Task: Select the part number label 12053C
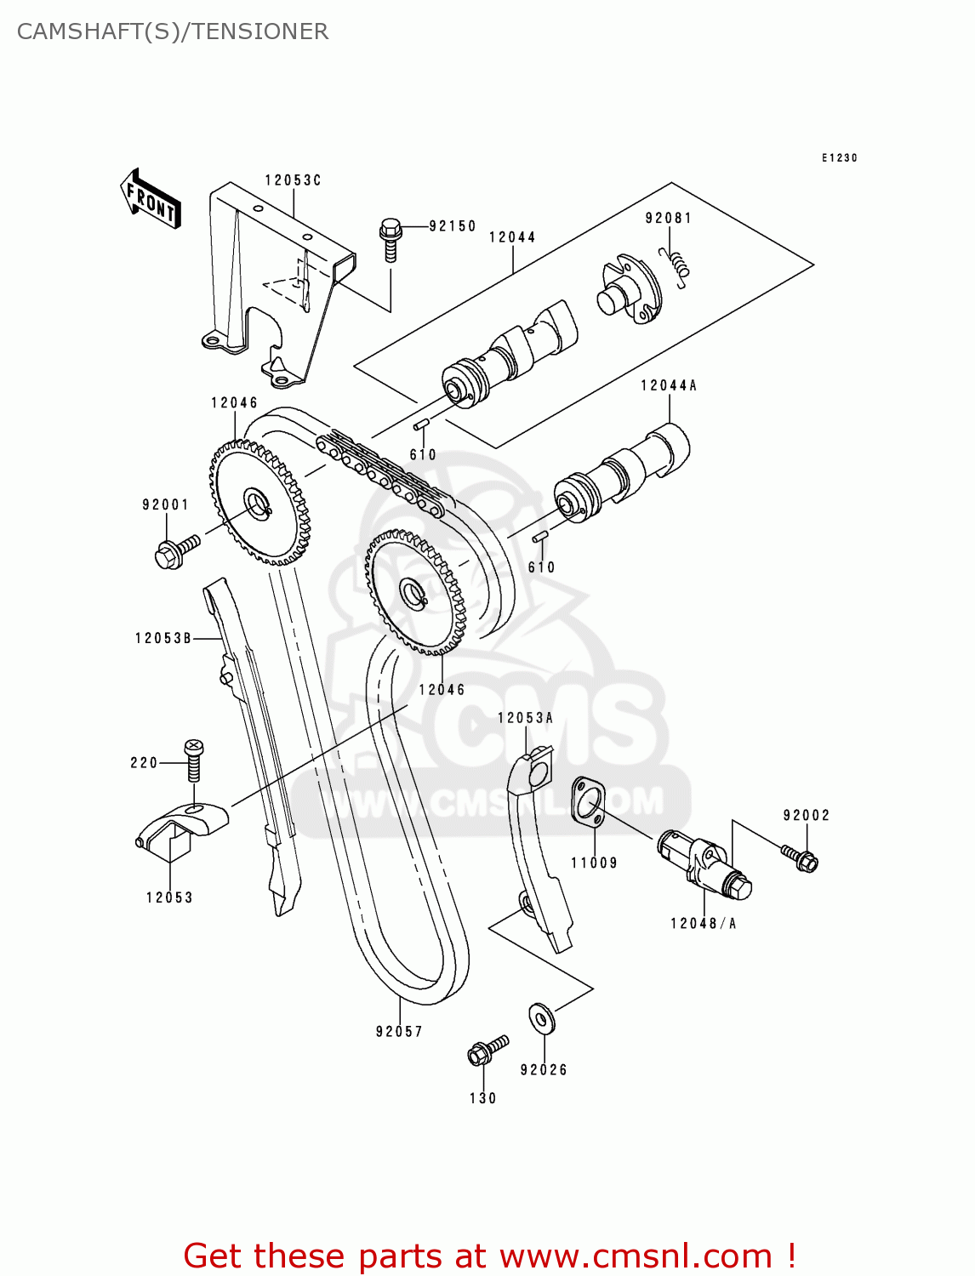293,180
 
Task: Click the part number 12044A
669,386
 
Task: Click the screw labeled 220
194,760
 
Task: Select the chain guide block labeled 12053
181,829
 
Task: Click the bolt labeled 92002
801,857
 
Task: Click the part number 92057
399,1032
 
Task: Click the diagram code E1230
839,158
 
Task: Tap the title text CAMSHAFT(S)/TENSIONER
173,31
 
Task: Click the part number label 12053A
525,718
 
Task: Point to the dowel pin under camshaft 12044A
539,537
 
